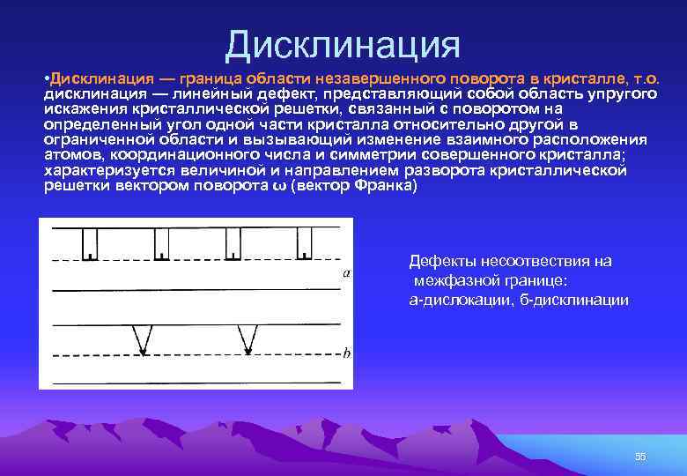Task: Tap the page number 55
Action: coord(640,456)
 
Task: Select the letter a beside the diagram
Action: coord(346,273)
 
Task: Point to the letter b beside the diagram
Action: coord(346,353)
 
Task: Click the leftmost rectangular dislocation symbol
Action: coord(90,243)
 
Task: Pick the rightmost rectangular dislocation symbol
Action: coord(305,243)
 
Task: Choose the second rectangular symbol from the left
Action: coord(161,243)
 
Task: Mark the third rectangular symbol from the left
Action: coord(233,243)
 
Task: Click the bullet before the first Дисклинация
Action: coord(46,80)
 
